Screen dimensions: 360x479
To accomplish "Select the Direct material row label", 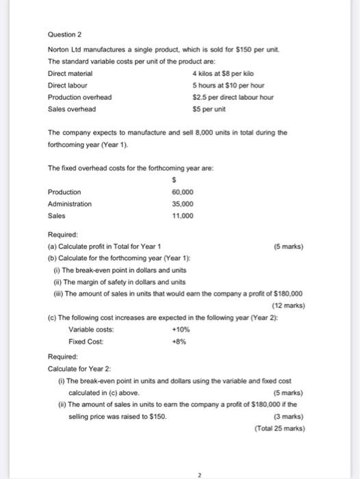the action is coord(70,73).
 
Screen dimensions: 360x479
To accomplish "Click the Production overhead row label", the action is coord(79,96).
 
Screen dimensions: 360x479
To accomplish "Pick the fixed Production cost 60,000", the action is coord(183,192).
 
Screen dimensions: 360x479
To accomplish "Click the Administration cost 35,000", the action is coord(183,203).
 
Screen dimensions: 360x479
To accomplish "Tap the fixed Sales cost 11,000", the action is coord(183,215).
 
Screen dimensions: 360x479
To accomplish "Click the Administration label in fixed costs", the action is coord(70,203).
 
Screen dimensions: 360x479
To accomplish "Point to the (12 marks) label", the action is coord(288,305).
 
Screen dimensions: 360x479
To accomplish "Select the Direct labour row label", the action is coord(67,85).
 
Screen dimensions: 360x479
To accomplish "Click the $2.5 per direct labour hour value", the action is coord(233,96).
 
